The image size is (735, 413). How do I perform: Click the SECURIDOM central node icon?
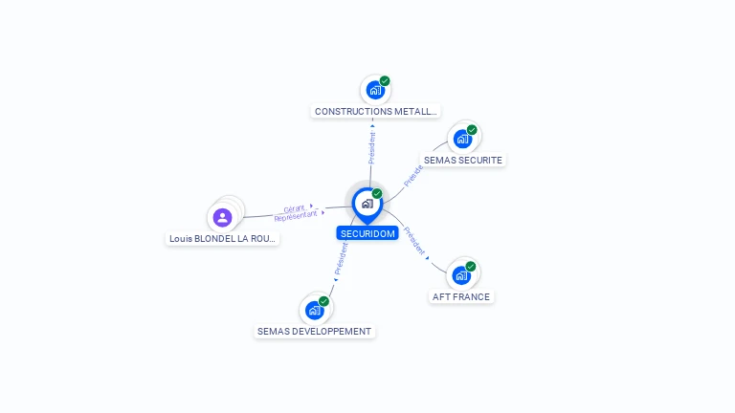(367, 204)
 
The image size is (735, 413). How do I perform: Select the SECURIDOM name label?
(367, 233)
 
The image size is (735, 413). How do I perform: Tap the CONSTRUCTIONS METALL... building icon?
(375, 90)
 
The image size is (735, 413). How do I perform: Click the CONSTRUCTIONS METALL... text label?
(376, 112)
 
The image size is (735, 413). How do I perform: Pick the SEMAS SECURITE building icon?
(463, 139)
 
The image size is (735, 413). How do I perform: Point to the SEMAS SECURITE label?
(463, 161)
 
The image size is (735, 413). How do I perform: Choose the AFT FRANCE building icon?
(462, 275)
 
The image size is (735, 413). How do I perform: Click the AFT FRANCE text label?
(461, 297)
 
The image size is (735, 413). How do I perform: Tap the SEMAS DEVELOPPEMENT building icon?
(315, 310)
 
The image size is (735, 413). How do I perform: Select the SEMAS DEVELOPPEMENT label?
(314, 332)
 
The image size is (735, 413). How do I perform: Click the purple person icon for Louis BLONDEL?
(223, 217)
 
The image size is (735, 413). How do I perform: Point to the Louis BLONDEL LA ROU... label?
(223, 239)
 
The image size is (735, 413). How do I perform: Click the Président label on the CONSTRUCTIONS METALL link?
(371, 147)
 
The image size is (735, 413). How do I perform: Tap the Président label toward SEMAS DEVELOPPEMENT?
(341, 258)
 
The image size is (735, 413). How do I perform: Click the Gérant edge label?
(294, 207)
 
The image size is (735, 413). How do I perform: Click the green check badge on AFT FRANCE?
(471, 267)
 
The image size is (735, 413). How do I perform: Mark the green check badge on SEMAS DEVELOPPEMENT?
(323, 301)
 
